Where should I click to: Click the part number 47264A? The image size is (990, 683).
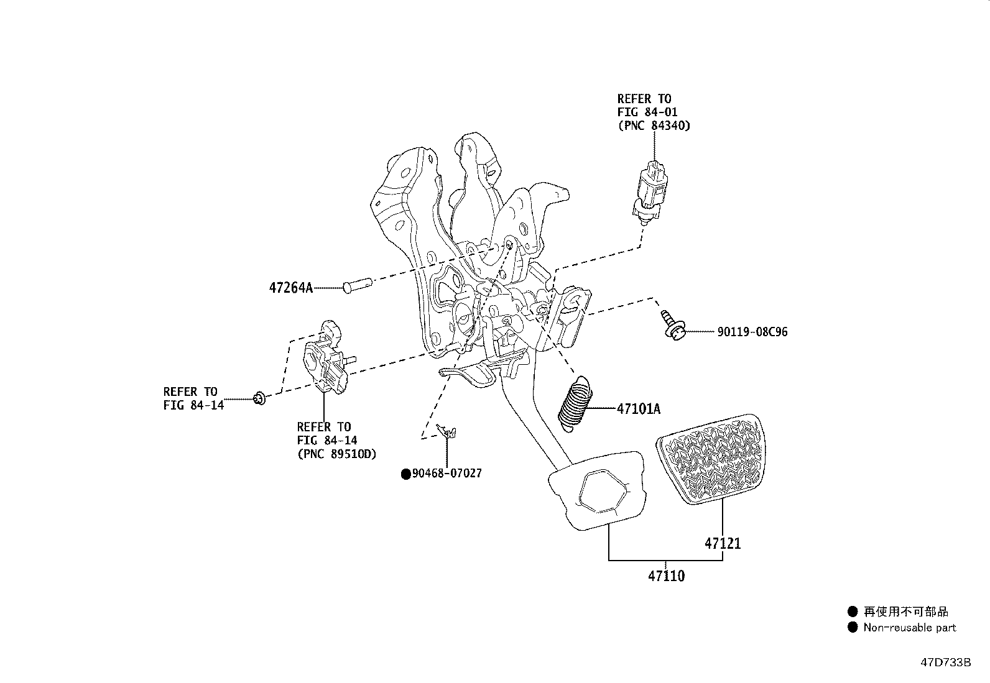(291, 288)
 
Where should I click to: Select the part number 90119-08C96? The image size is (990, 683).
(752, 332)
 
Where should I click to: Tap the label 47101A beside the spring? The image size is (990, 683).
(638, 409)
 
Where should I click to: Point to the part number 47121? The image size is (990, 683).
(723, 543)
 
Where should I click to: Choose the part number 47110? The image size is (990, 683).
(666, 576)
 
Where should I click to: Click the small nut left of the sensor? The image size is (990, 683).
(260, 398)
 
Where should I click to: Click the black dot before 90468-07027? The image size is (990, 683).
(406, 474)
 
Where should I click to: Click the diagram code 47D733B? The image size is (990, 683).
(945, 662)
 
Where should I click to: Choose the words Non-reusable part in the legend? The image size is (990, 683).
(909, 628)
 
